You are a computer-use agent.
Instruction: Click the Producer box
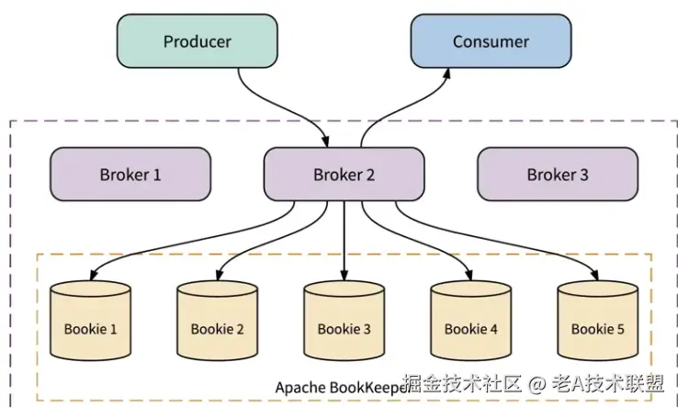coord(197,42)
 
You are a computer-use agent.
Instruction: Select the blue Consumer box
coord(491,42)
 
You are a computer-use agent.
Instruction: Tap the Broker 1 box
coord(130,175)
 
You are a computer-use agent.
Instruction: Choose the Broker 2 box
coord(344,175)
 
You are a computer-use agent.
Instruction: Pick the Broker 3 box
coord(557,175)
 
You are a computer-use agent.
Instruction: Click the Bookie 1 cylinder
coord(90,321)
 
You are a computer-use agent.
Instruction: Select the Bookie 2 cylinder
coord(217,321)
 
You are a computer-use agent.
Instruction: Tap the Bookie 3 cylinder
coord(344,321)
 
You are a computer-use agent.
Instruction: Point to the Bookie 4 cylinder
coord(470,321)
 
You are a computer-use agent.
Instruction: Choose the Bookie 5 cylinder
coord(597,321)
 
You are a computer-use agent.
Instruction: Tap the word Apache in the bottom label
coord(299,387)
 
